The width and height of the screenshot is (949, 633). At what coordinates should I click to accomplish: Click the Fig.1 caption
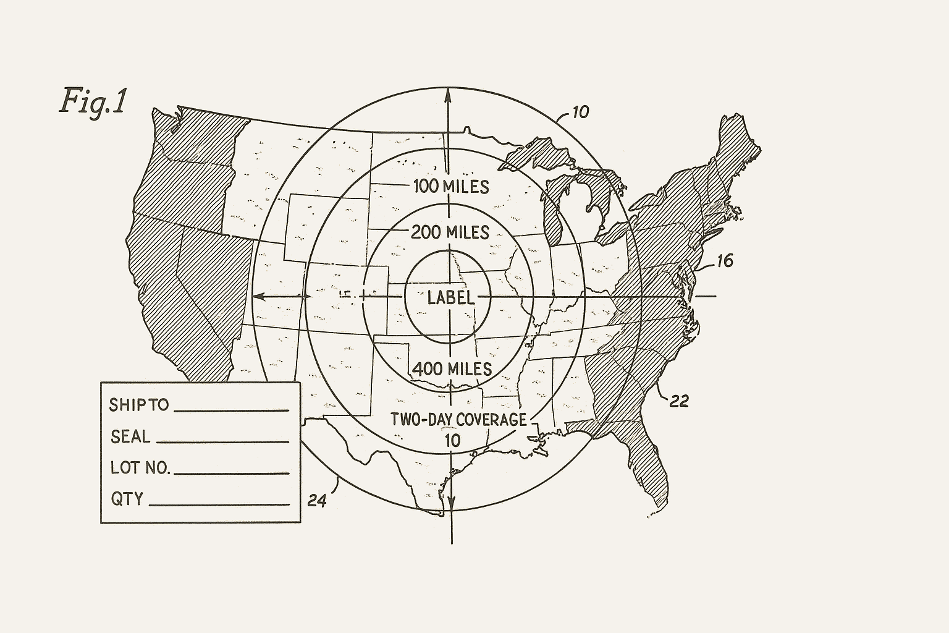[93, 101]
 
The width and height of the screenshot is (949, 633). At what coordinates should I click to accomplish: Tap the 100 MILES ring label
[450, 186]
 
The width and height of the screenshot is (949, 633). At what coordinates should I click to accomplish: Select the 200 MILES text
[450, 232]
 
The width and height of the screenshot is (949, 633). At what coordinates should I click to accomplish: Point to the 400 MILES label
[452, 369]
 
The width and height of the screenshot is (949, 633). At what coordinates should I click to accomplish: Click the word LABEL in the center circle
[451, 297]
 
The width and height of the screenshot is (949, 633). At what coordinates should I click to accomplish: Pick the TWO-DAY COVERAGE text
[458, 420]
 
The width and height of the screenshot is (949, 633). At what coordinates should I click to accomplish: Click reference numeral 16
[724, 261]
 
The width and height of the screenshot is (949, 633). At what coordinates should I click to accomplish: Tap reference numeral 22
[679, 401]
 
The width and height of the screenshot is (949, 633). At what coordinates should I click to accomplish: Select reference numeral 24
[316, 500]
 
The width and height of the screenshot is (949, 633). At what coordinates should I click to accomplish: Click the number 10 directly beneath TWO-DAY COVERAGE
[452, 441]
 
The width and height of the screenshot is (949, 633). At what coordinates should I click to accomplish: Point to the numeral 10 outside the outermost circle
[580, 112]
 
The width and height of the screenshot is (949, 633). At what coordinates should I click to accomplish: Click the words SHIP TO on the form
[138, 405]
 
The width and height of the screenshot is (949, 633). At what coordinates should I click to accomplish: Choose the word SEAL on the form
[130, 437]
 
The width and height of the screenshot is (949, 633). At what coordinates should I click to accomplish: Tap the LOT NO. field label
[140, 467]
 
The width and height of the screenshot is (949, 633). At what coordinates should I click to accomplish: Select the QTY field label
[127, 498]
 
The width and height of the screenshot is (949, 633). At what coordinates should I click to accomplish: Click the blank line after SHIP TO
[232, 410]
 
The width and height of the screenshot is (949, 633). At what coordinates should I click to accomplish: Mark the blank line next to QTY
[219, 504]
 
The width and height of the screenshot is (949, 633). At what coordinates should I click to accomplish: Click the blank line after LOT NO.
[232, 473]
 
